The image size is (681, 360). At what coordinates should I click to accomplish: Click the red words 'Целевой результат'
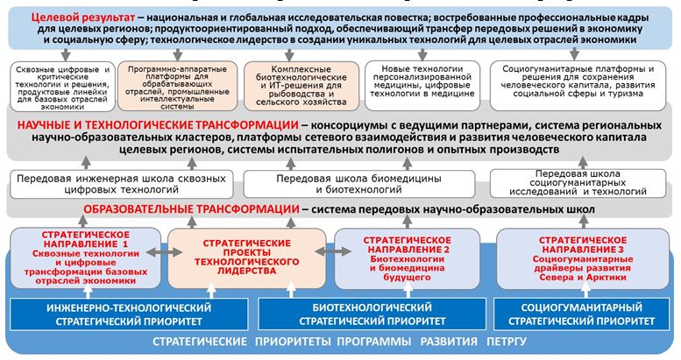[83, 18]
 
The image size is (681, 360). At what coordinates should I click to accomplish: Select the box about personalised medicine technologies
[422, 85]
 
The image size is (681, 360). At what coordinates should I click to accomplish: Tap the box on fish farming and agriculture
[301, 85]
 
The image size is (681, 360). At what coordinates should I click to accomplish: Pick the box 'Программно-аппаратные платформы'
[177, 86]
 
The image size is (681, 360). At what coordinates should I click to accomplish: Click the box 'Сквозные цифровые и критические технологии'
[62, 87]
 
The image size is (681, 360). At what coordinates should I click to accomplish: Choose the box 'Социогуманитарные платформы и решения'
[578, 85]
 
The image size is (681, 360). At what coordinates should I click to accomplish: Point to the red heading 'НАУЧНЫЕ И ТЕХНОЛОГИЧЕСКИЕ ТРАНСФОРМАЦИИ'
[158, 125]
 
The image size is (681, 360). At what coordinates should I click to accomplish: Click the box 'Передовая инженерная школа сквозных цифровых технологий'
[121, 184]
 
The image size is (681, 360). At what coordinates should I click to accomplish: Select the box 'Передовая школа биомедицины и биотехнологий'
[358, 184]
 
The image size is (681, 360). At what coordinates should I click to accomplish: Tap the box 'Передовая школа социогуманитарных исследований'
[578, 183]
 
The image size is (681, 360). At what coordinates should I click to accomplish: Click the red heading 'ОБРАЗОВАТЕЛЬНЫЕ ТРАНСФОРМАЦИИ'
[192, 209]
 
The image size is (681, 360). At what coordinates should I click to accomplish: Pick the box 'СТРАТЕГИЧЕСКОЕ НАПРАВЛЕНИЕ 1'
[86, 258]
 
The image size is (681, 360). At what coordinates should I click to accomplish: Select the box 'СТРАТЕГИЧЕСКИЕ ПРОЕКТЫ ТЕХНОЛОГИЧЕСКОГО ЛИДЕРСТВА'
[246, 258]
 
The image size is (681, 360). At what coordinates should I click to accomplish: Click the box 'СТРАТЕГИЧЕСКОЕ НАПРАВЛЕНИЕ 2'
[407, 258]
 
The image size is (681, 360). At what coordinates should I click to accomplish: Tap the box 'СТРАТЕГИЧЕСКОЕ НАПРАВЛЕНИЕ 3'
[583, 258]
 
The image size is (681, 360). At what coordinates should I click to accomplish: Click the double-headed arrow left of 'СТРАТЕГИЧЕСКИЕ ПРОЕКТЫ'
[164, 252]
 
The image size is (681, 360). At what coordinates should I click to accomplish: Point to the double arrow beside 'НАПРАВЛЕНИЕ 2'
[333, 251]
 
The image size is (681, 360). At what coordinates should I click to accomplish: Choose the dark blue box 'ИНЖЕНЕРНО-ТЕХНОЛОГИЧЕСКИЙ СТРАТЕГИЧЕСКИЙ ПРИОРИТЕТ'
[129, 314]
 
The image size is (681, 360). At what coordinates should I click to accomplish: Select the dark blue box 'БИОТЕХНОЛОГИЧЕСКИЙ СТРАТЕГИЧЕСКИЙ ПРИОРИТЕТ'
[372, 314]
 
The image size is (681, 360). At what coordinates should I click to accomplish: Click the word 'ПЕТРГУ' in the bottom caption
[507, 342]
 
